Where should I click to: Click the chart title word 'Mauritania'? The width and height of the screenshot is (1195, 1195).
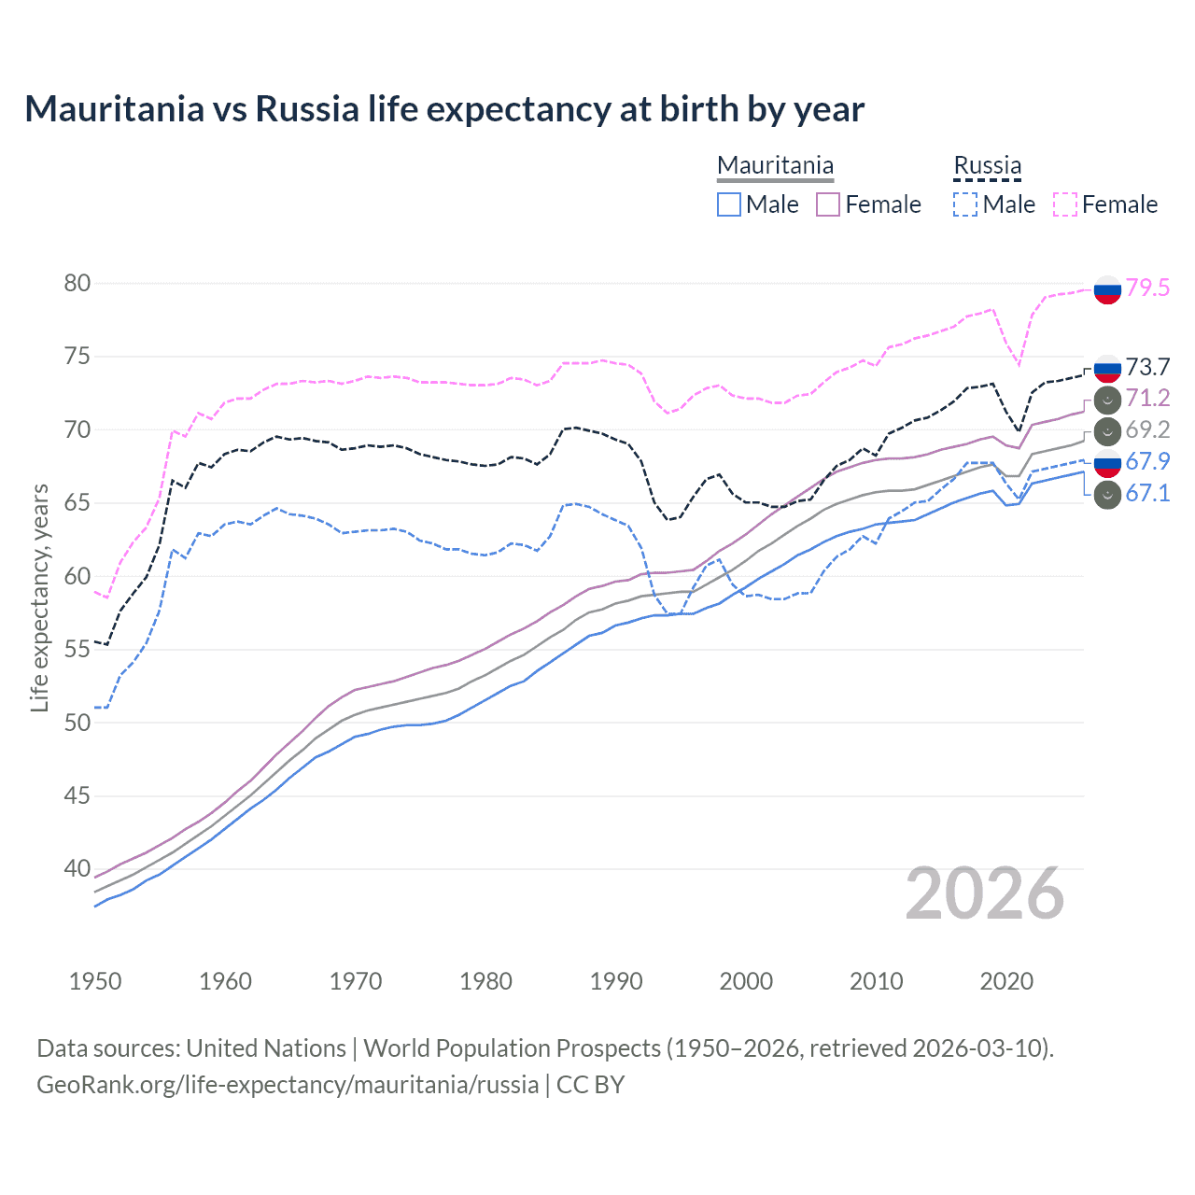pyautogui.click(x=114, y=109)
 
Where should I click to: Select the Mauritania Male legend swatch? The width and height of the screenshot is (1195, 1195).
pyautogui.click(x=729, y=204)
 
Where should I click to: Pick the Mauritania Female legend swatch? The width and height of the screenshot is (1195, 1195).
pyautogui.click(x=828, y=204)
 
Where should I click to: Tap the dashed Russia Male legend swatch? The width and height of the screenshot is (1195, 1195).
pyautogui.click(x=965, y=204)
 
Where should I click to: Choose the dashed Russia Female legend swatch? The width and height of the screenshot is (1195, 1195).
pyautogui.click(x=1065, y=204)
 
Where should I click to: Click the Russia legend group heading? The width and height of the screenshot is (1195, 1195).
pyautogui.click(x=987, y=166)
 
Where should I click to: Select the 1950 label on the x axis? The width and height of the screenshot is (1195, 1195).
pyautogui.click(x=95, y=981)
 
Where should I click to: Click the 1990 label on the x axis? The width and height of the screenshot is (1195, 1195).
pyautogui.click(x=616, y=981)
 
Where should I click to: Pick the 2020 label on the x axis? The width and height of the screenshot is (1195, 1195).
pyautogui.click(x=1006, y=981)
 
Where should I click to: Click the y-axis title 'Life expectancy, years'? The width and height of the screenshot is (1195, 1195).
pyautogui.click(x=39, y=597)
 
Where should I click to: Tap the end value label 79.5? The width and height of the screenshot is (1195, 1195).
pyautogui.click(x=1147, y=288)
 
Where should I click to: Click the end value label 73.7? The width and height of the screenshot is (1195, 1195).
pyautogui.click(x=1147, y=368)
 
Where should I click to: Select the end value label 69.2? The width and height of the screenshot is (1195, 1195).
pyautogui.click(x=1147, y=429)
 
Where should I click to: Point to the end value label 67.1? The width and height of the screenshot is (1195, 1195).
pyautogui.click(x=1147, y=493)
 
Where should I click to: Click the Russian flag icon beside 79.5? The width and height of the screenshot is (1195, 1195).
pyautogui.click(x=1107, y=289)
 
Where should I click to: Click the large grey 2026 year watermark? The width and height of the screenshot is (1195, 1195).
pyautogui.click(x=985, y=894)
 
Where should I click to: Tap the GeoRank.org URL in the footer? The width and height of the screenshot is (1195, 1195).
pyautogui.click(x=288, y=1085)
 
